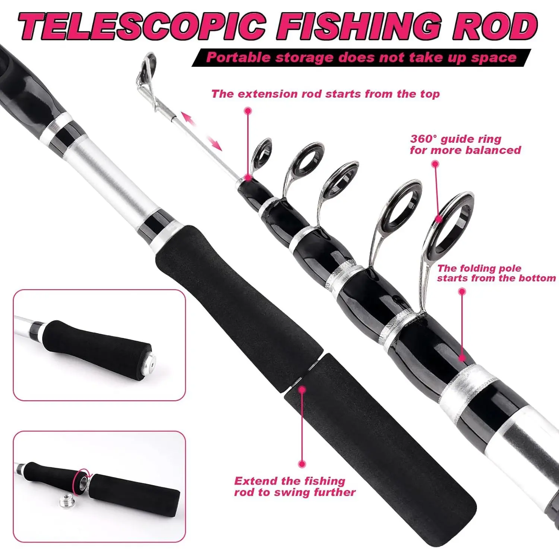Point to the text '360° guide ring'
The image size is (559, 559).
455,139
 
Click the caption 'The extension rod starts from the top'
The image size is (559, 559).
325,94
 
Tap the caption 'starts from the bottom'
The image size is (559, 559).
496,278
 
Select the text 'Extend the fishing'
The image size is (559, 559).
290,481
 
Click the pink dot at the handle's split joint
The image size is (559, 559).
302,389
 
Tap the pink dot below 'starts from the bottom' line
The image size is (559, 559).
462,358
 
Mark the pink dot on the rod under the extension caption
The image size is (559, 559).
247,178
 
